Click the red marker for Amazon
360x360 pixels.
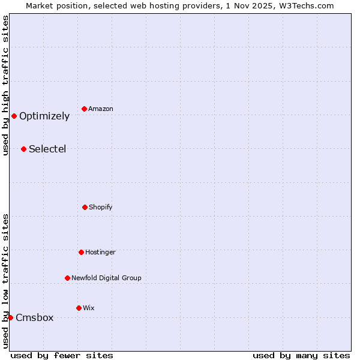point(85,109)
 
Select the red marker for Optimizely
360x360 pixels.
point(14,116)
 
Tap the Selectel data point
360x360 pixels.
point(23,149)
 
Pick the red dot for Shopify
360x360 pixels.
point(85,207)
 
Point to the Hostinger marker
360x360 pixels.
point(81,252)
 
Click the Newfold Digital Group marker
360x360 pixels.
point(67,278)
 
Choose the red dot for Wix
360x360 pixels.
point(79,308)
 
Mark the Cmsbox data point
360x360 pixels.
point(10,317)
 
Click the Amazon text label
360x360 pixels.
point(101,109)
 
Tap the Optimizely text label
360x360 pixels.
point(44,116)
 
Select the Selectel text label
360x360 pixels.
point(47,149)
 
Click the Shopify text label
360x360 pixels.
point(101,208)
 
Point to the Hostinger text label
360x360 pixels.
point(100,253)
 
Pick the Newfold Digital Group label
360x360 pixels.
point(106,278)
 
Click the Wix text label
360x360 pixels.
point(89,308)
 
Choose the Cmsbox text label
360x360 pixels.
point(35,318)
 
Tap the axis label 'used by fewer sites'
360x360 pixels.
point(62,355)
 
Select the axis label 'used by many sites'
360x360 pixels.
point(301,355)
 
